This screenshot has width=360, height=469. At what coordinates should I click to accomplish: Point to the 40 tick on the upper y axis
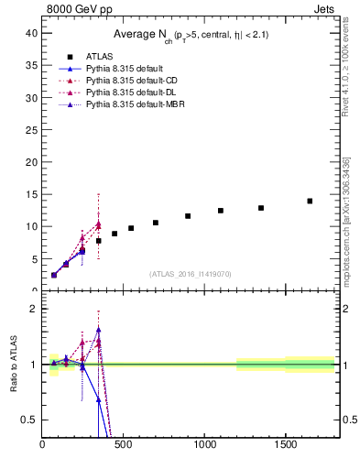click(30, 32)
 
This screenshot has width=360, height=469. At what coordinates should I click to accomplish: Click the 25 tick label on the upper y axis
click(30, 129)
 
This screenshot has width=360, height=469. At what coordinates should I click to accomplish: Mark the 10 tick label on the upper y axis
click(30, 226)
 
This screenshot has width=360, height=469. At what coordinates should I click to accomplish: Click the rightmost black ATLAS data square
click(310, 201)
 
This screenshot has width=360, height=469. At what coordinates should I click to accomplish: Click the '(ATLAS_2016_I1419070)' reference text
click(190, 273)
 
